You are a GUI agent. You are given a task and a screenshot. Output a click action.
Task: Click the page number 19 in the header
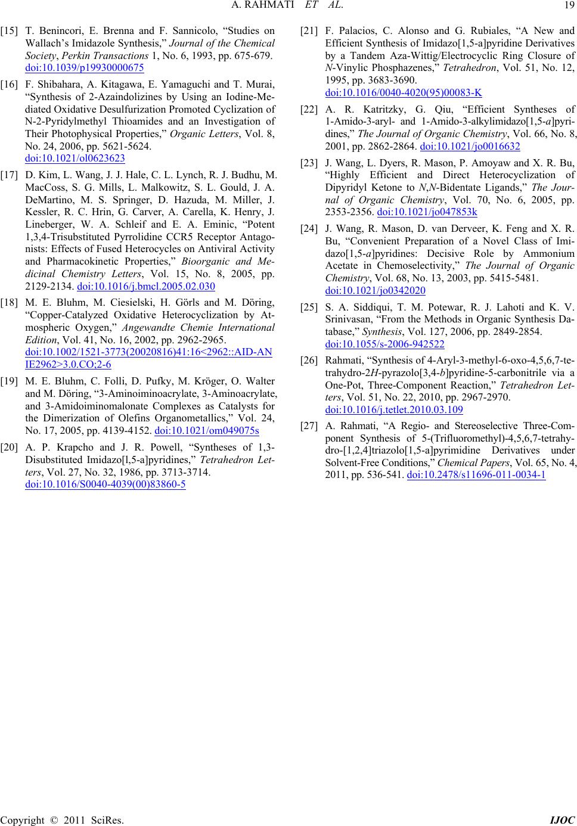566,7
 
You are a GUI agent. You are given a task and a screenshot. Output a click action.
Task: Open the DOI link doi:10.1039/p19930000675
85,67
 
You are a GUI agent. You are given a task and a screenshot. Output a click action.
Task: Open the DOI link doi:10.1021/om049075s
206,431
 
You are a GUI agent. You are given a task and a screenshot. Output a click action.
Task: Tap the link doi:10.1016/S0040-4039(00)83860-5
105,483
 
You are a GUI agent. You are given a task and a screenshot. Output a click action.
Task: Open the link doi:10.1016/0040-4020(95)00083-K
404,92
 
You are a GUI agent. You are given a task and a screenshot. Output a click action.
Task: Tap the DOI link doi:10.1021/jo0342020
375,290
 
